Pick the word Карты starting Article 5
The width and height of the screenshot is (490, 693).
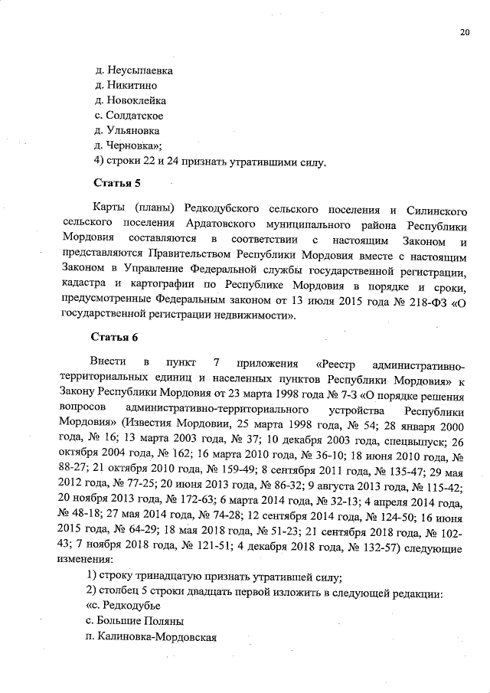(x=107, y=210)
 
